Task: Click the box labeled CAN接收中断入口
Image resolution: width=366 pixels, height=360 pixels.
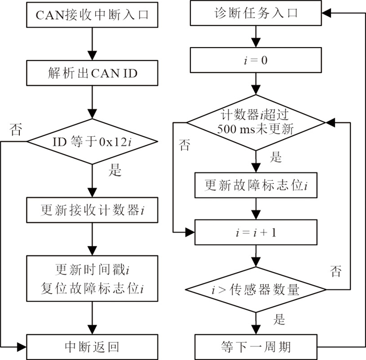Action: [x=92, y=15]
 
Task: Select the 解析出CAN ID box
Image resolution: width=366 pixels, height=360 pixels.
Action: [x=92, y=73]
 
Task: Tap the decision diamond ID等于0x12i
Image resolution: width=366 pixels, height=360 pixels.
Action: [x=92, y=142]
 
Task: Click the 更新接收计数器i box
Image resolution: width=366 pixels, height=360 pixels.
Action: [x=92, y=210]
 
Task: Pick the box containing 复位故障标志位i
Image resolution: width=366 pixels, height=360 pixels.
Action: [x=92, y=278]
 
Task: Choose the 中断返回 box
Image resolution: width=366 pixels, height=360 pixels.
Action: [x=92, y=347]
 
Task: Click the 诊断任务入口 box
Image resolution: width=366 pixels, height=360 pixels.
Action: [x=256, y=13]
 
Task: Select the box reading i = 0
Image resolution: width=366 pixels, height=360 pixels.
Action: [x=256, y=60]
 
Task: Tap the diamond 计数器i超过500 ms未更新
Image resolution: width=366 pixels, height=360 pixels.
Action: [x=256, y=122]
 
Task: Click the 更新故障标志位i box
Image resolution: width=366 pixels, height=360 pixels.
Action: [x=256, y=185]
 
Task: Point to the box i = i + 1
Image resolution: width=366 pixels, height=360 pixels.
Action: [x=256, y=233]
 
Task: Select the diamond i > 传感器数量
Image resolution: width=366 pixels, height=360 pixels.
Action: [x=256, y=290]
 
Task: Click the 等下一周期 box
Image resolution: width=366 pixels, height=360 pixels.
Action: [x=256, y=347]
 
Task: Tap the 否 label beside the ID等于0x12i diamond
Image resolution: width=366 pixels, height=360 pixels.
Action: [x=16, y=130]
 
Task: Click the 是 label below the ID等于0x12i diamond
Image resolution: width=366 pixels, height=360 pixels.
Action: [x=115, y=170]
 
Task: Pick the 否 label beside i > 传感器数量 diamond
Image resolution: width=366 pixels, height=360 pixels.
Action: [x=336, y=271]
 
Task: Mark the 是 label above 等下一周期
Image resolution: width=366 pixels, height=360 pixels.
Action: [x=279, y=319]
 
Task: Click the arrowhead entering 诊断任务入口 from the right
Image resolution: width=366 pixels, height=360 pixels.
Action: [x=326, y=13]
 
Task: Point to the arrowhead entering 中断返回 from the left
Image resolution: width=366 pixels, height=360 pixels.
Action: [x=22, y=347]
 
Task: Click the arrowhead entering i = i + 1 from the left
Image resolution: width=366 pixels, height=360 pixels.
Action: [x=190, y=233]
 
